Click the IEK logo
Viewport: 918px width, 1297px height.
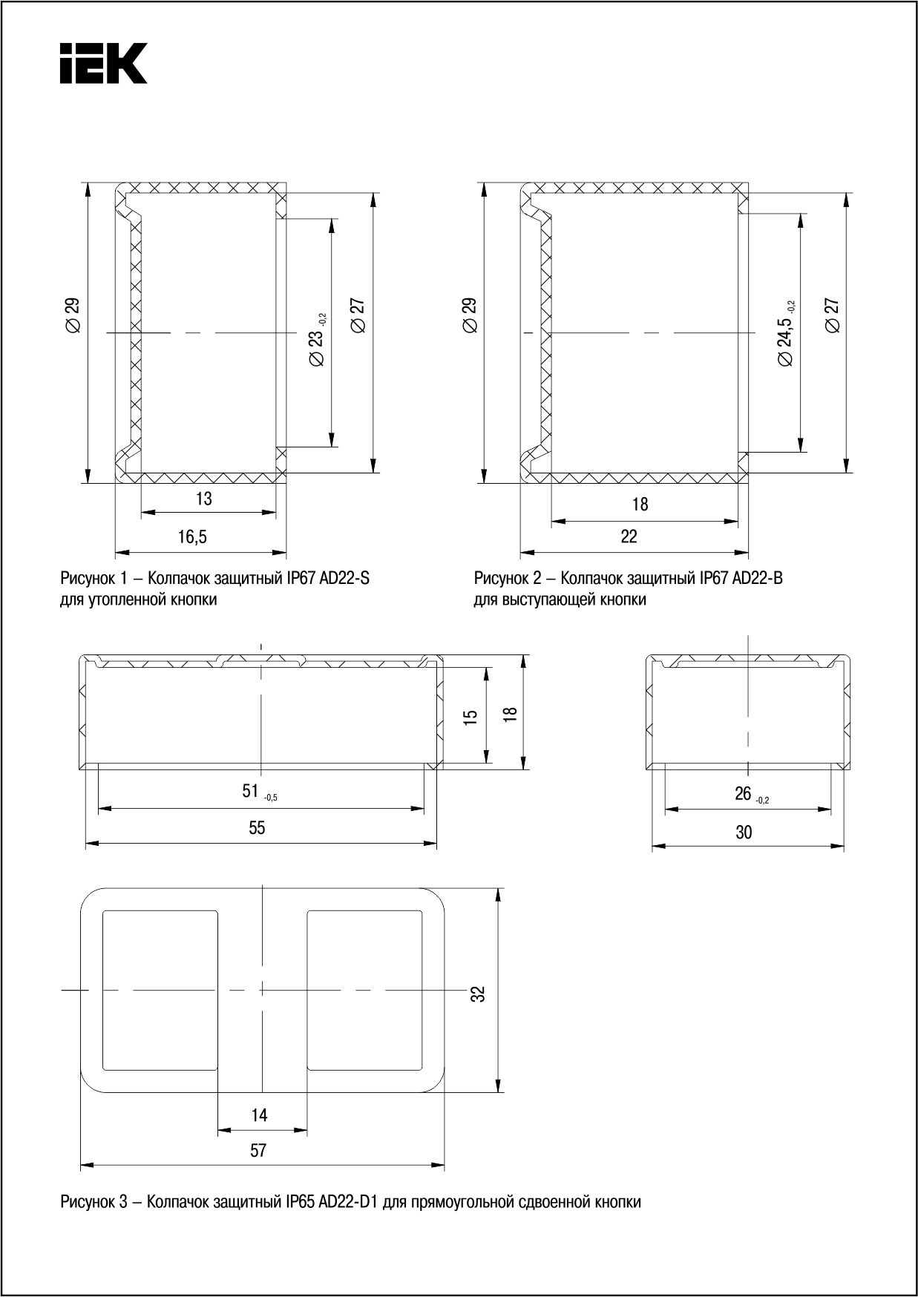(x=103, y=63)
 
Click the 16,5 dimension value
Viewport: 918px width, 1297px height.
(x=192, y=537)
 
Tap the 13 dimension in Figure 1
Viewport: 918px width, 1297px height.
(x=203, y=499)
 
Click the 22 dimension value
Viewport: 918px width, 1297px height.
(x=629, y=536)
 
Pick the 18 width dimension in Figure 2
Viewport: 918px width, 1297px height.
(x=640, y=505)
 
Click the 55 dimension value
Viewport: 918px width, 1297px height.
(x=257, y=827)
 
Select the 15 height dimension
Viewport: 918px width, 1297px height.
(x=471, y=717)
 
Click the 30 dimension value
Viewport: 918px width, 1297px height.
(x=744, y=832)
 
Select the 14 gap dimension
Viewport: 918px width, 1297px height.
(x=259, y=1115)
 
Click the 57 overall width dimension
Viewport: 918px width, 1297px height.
(x=258, y=1151)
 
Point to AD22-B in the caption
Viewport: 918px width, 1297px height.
(x=757, y=578)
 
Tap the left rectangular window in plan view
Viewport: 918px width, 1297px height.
(x=160, y=991)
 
